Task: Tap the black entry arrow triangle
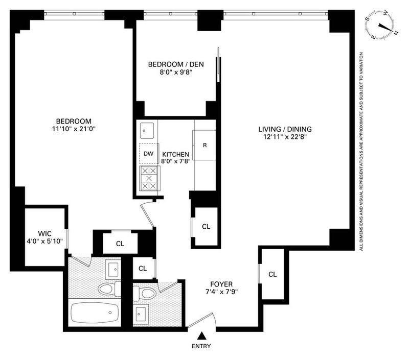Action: [201, 336]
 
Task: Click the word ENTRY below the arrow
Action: [201, 346]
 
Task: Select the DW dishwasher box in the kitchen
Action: [149, 154]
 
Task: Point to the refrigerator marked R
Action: [204, 145]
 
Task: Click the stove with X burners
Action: [149, 178]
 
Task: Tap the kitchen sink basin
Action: [147, 131]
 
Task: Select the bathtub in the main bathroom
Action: [95, 312]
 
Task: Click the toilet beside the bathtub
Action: [109, 289]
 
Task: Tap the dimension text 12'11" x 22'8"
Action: [285, 137]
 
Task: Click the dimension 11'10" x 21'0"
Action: [74, 129]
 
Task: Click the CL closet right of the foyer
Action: [272, 274]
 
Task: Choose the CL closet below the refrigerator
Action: [206, 227]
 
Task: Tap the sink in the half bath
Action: [141, 314]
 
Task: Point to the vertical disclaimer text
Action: [361, 152]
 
